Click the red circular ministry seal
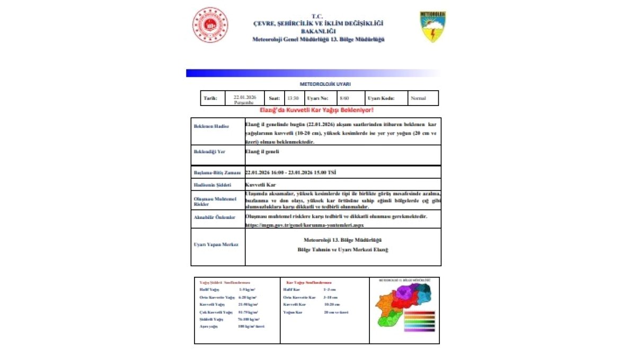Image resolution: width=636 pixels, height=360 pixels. [210, 25]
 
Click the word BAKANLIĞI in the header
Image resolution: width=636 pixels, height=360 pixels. [317, 31]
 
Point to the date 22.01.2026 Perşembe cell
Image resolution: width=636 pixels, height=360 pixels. [244, 99]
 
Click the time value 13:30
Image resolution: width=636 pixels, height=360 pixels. [293, 98]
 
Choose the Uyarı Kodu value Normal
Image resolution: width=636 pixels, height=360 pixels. [418, 98]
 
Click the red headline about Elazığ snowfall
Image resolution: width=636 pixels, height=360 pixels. [316, 110]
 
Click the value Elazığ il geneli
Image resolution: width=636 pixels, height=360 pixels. [262, 152]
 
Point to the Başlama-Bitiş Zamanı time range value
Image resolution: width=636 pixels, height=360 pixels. [290, 173]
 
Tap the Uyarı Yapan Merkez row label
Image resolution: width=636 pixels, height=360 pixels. [216, 244]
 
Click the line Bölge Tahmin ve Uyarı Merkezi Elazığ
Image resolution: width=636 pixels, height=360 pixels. [342, 250]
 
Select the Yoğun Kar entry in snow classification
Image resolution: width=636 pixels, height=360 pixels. [293, 312]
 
